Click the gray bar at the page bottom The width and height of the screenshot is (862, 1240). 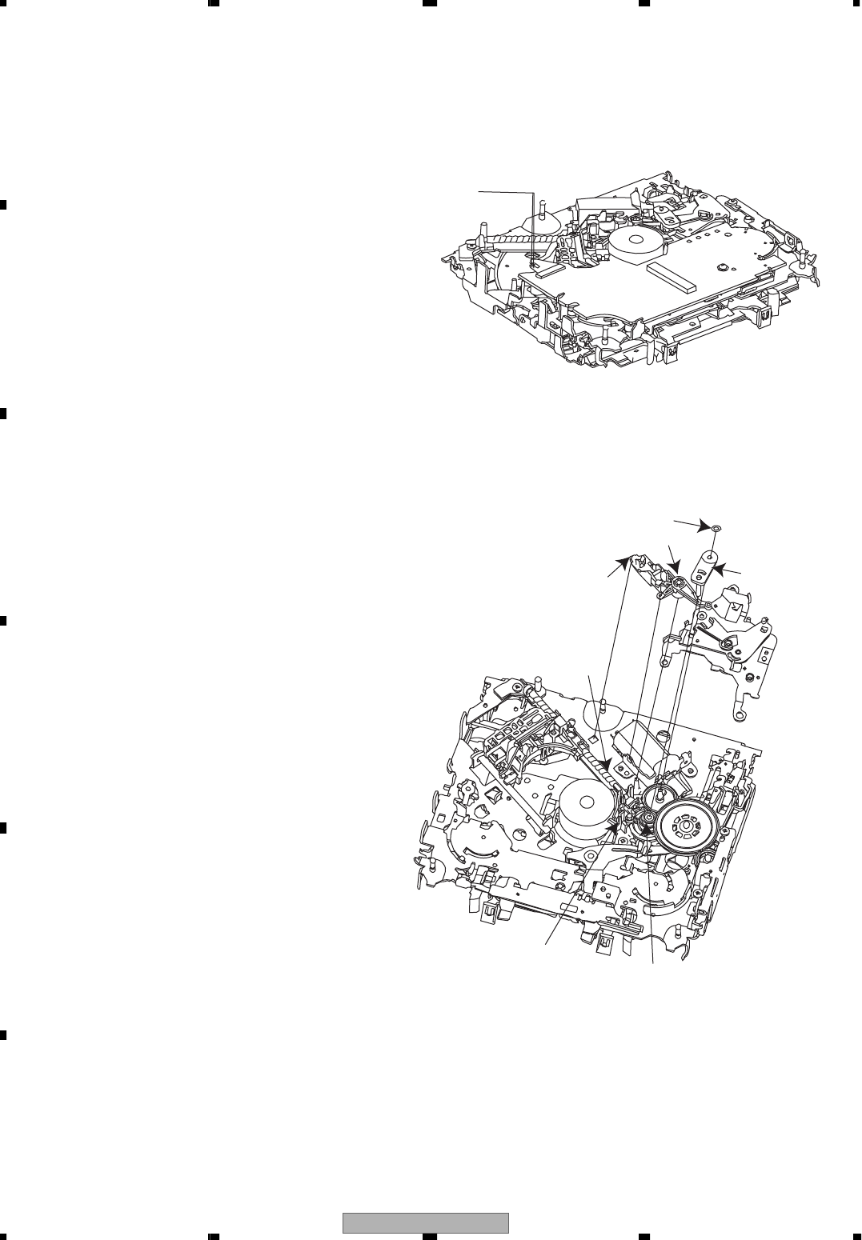(426, 1223)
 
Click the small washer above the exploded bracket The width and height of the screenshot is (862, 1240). (717, 527)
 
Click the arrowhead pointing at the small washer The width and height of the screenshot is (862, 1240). (708, 525)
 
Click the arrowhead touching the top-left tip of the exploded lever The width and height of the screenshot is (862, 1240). (627, 557)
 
